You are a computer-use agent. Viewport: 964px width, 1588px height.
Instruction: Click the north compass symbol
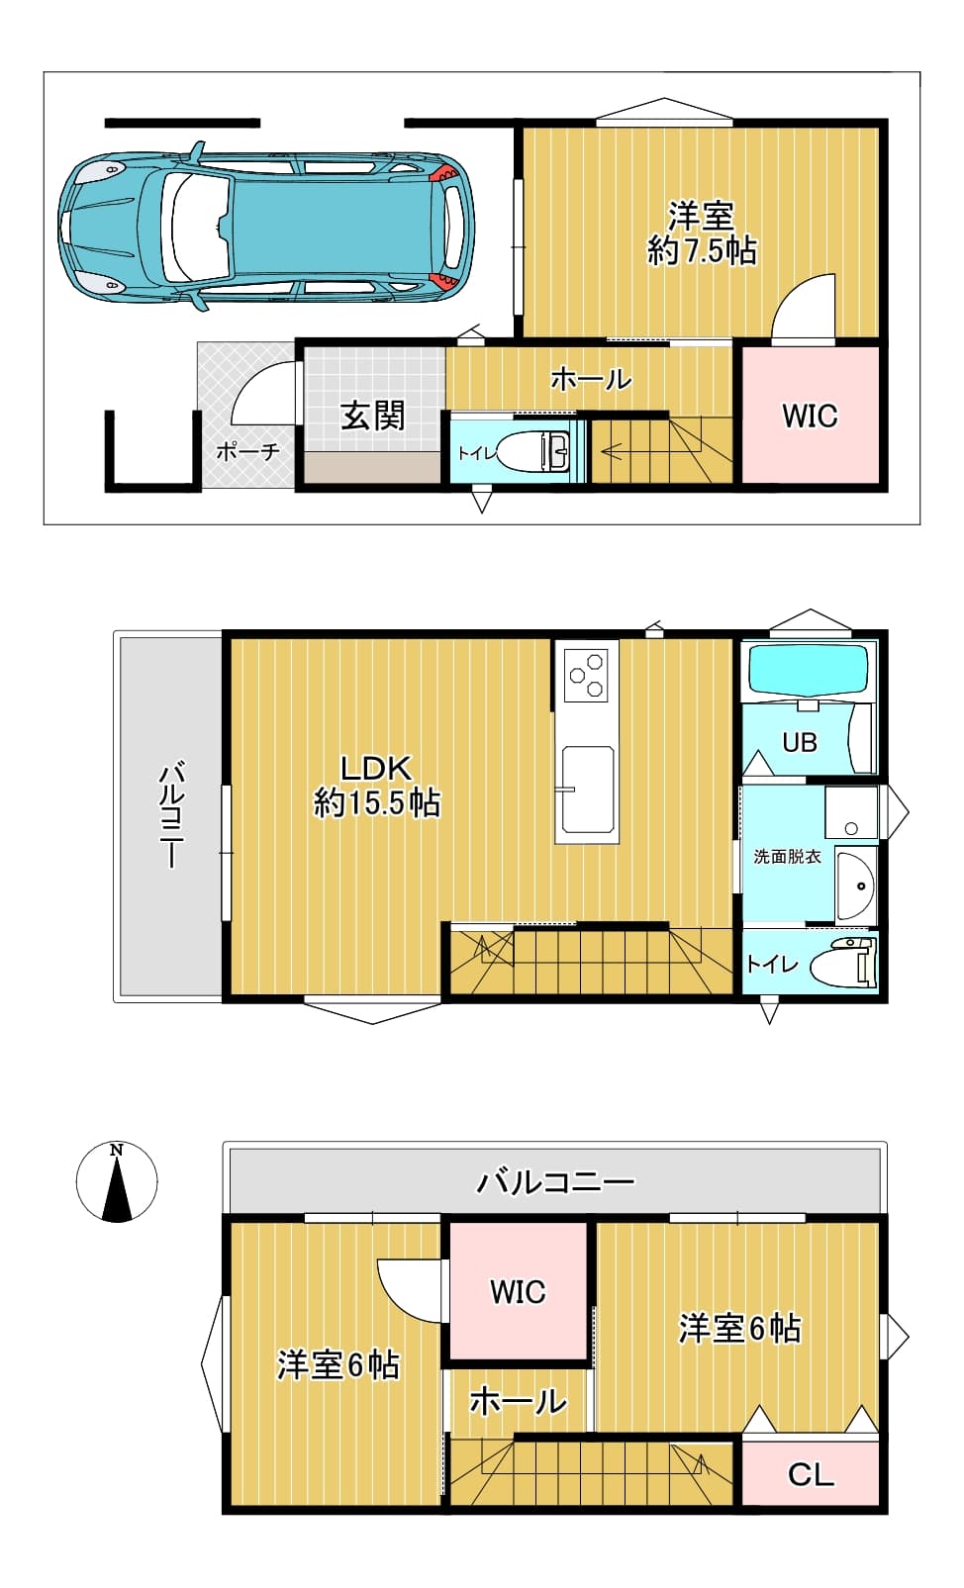tap(117, 1181)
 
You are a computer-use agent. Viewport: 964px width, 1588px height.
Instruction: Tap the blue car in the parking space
tap(266, 227)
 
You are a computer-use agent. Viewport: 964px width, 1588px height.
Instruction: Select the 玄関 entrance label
tap(372, 417)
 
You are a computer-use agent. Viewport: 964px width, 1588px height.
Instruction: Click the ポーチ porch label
tap(247, 451)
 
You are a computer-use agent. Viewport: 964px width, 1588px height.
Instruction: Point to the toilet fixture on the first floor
tap(532, 450)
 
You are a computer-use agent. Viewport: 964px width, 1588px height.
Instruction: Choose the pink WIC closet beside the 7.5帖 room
tap(810, 415)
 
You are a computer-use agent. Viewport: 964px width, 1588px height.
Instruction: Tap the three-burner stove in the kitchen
tap(587, 674)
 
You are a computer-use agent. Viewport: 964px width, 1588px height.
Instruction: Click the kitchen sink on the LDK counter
tap(587, 790)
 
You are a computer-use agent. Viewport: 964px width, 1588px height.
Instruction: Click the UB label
tap(800, 742)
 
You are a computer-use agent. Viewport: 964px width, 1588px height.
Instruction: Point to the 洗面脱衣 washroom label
tap(787, 857)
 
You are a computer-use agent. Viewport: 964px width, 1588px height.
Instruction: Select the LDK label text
tap(376, 768)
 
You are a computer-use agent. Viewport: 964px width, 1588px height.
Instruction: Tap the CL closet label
tap(810, 1475)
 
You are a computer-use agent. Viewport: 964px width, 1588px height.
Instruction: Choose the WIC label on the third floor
tap(518, 1291)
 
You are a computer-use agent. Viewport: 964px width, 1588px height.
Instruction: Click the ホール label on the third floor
tap(518, 1402)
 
